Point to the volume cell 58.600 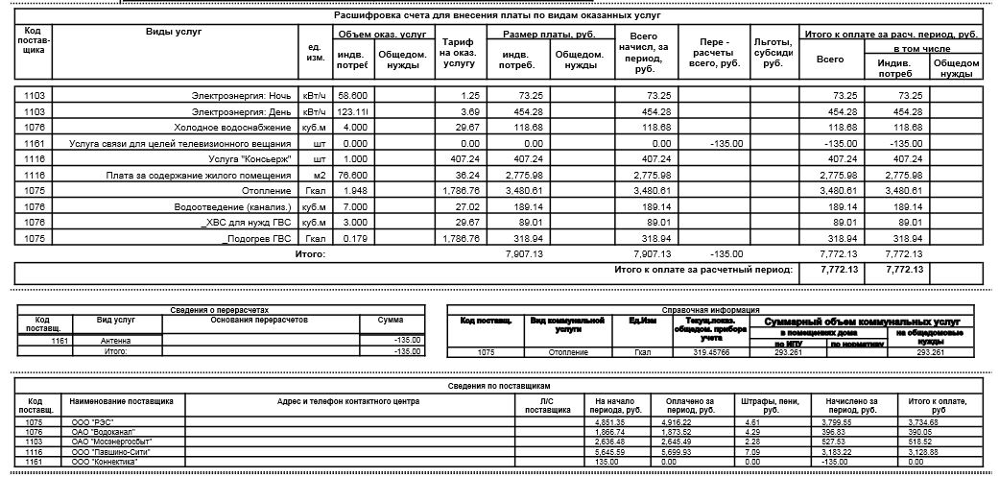[353, 96]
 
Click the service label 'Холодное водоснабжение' [236, 127]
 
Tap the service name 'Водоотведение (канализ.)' [232, 206]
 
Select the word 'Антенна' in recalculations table [117, 340]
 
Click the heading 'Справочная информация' [715, 310]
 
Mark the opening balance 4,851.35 [610, 422]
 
